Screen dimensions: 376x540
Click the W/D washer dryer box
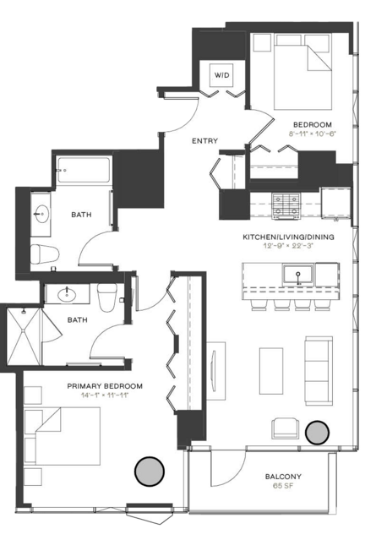click(x=221, y=74)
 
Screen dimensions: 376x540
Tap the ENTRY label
click(x=204, y=141)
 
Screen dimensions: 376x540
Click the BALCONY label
click(x=283, y=477)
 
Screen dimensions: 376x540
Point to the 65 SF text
click(x=283, y=487)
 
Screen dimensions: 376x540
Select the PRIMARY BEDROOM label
click(x=105, y=386)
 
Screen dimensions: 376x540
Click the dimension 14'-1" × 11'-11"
click(x=105, y=395)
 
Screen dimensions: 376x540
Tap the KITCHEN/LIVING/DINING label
click(x=288, y=237)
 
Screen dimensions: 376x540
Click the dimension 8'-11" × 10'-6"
click(x=313, y=134)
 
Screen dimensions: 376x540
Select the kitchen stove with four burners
click(x=286, y=206)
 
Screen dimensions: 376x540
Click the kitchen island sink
click(x=298, y=275)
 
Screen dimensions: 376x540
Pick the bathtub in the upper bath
click(x=84, y=170)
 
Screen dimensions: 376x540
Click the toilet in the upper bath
click(x=45, y=254)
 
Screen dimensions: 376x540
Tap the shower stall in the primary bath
click(x=24, y=336)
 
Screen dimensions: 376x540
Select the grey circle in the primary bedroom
click(x=150, y=472)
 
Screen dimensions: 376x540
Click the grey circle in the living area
click(x=318, y=432)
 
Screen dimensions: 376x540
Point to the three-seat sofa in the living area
click(x=319, y=370)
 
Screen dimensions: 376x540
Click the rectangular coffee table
click(x=271, y=370)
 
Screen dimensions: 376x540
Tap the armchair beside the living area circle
click(x=285, y=428)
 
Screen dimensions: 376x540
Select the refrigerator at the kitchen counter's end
click(x=335, y=203)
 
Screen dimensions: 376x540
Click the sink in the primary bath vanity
click(x=67, y=294)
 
